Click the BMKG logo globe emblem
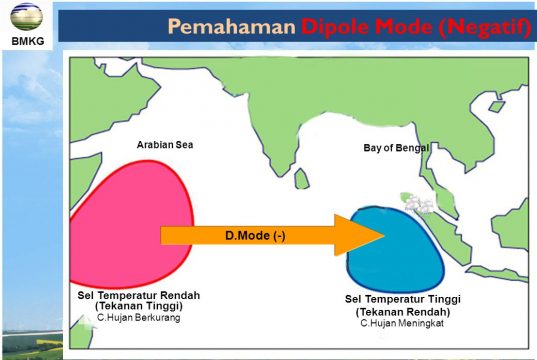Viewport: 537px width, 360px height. [26, 16]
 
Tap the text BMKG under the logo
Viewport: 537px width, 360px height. [28, 41]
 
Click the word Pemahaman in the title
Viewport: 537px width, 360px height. [232, 26]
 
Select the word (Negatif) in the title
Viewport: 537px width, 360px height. [485, 26]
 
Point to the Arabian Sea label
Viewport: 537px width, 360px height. [165, 145]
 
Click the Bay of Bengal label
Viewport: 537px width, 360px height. [396, 148]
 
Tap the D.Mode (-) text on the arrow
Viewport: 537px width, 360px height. [255, 236]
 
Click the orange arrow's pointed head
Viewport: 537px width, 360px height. [384, 235]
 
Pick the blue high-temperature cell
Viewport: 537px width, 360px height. [395, 249]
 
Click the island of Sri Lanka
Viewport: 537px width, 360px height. [301, 178]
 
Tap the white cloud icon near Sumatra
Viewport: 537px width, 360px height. [419, 204]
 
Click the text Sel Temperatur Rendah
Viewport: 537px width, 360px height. [139, 295]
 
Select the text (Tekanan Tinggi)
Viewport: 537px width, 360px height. [139, 306]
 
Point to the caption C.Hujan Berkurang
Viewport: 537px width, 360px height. [139, 318]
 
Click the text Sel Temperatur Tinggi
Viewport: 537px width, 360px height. [403, 299]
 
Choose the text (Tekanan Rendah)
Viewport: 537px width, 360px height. [403, 312]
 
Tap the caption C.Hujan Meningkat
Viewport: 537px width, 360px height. [402, 323]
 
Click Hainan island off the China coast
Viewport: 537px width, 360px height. [497, 106]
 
